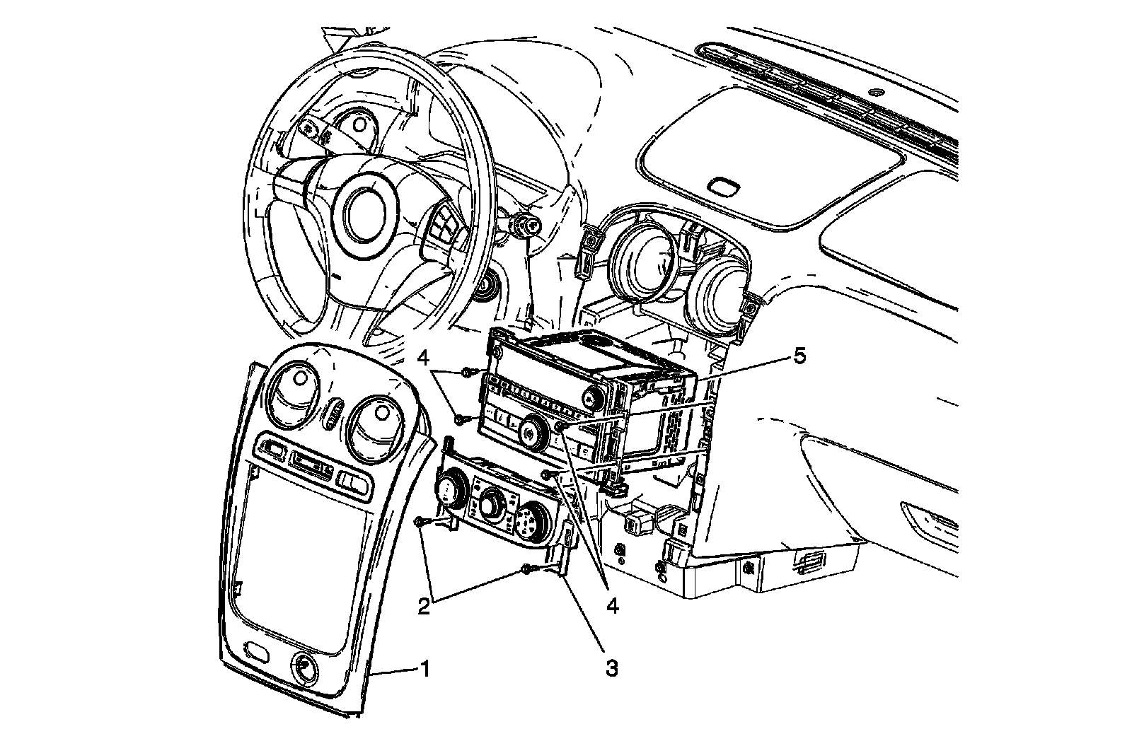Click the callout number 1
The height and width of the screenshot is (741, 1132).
coord(424,668)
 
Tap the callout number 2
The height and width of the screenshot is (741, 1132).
coord(424,607)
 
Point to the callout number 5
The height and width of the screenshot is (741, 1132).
coord(798,356)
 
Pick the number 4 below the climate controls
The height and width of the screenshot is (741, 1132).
coord(613,605)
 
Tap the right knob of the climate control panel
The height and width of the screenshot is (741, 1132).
coord(528,523)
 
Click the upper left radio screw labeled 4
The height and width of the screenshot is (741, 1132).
coord(467,371)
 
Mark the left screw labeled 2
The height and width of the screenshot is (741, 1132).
coord(420,522)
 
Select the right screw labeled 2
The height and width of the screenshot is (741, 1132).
coord(526,568)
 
